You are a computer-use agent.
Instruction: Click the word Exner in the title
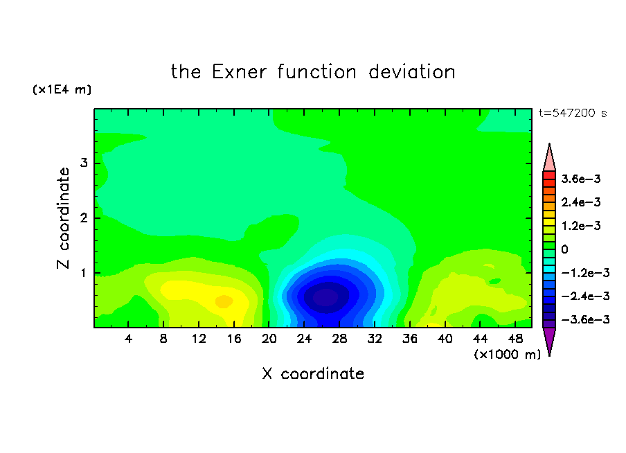239,72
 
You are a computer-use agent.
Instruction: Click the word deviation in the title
411,72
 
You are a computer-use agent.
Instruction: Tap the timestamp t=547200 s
573,113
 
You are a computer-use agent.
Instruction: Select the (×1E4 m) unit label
62,89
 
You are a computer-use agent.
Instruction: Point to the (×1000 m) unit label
507,355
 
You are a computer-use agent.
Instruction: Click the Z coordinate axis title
63,218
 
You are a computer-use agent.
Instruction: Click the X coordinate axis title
313,374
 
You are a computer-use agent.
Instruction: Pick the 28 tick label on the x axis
339,339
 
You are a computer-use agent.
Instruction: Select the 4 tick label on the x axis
128,339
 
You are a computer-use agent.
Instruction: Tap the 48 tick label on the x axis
515,339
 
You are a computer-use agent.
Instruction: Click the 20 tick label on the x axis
269,339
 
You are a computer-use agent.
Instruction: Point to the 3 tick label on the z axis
84,163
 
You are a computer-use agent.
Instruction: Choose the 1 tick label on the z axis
84,273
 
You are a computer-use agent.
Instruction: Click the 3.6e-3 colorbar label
581,179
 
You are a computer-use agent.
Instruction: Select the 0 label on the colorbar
564,249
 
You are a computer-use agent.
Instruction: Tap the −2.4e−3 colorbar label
586,296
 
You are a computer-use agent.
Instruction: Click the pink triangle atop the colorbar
549,160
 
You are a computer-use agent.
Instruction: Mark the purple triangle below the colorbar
549,339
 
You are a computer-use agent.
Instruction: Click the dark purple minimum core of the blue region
325,297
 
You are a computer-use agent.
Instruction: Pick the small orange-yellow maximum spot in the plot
224,301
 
